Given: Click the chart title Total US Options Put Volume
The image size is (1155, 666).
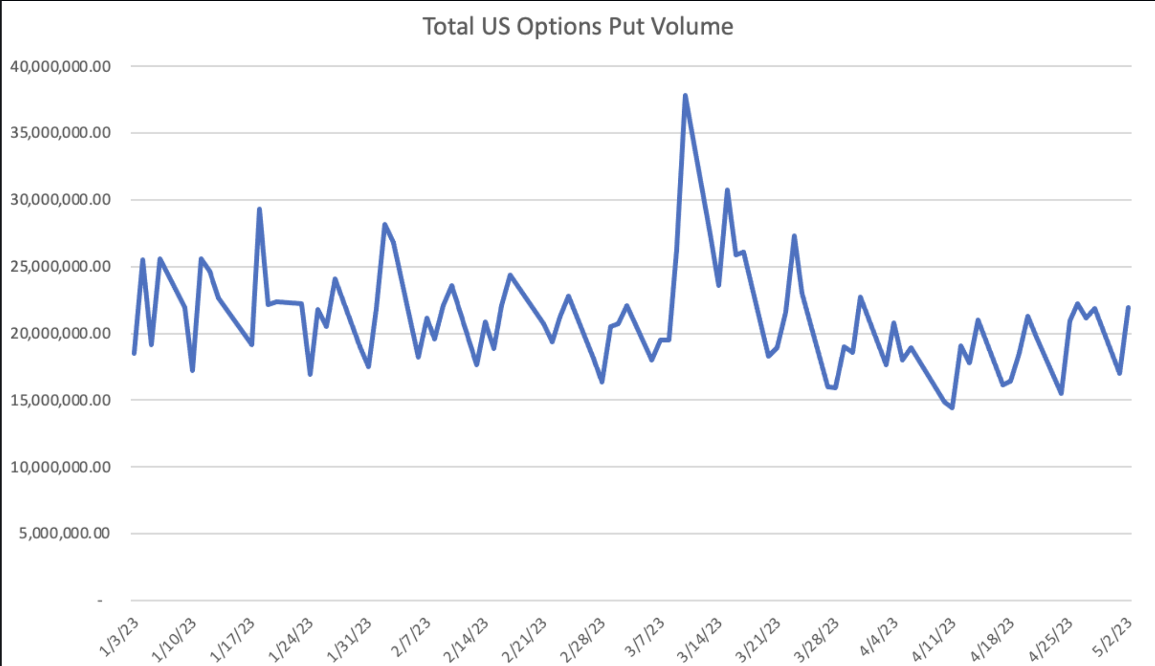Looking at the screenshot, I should pos(577,26).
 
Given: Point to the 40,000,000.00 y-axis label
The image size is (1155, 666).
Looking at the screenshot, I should pos(60,67).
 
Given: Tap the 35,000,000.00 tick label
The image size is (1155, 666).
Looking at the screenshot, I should pos(60,133).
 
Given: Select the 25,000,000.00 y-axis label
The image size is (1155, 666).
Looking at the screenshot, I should pos(60,267).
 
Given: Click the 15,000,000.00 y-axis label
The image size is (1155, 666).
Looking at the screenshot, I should pos(60,400).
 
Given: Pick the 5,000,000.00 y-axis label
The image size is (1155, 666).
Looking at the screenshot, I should pos(64,533).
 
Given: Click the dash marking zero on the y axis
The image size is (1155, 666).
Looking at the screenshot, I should pos(100,600).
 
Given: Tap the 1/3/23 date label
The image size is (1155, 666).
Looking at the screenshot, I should pos(119,637).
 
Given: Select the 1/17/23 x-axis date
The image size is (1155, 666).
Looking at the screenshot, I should pos(232,640).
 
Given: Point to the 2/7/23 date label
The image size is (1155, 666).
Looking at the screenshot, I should pos(410,637).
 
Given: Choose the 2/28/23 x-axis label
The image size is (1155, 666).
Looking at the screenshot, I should pos(582,640).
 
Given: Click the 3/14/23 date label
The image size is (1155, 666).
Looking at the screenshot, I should pos(699,640).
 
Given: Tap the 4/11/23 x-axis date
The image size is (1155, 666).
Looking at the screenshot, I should pos(933,640).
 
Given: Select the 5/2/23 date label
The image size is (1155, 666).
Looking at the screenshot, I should pos(1112,637).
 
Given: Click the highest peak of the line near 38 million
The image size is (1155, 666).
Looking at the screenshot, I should pos(685,96).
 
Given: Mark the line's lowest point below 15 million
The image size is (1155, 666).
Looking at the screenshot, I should pos(952,408).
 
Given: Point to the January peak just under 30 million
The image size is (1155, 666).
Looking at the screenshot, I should pos(259,209).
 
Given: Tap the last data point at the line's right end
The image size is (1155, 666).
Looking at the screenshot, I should pos(1128,308).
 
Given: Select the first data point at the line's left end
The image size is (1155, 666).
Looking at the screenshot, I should pos(134,353).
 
